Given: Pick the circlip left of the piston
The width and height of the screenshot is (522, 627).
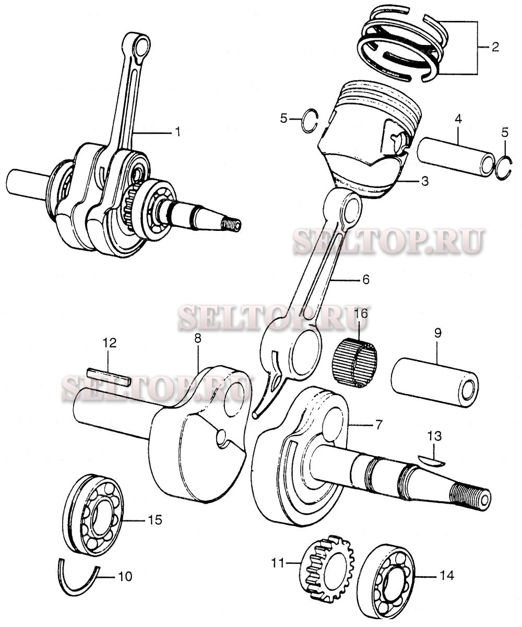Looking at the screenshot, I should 311,120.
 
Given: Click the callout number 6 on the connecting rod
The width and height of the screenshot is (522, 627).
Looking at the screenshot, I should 365,280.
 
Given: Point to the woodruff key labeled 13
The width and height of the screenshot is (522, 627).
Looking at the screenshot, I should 431,460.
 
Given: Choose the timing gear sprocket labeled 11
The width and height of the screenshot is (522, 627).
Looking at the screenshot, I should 327,572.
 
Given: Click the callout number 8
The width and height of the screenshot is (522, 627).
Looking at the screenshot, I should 197,338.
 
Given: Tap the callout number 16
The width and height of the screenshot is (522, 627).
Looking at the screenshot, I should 361,314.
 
